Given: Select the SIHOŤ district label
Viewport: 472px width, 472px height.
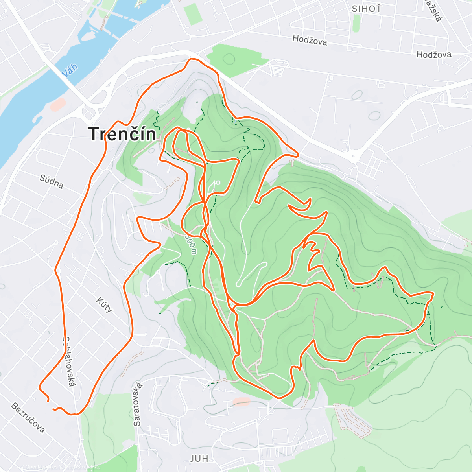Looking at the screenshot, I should pyautogui.click(x=367, y=9).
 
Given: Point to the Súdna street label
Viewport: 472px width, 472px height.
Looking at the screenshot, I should pyautogui.click(x=52, y=182).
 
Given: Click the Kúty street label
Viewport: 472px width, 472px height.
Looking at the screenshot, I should pyautogui.click(x=105, y=304).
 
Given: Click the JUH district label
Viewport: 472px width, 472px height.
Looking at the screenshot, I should pyautogui.click(x=199, y=459).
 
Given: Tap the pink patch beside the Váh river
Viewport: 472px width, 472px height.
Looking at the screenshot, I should pyautogui.click(x=58, y=104).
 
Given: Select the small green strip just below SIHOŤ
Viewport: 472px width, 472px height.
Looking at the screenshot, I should pyautogui.click(x=356, y=24).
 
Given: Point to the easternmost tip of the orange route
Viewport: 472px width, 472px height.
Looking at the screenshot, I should pyautogui.click(x=433, y=294).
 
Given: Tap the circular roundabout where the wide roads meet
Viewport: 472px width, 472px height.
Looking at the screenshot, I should pyautogui.click(x=354, y=156).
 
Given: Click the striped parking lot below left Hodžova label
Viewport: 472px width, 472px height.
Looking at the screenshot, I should pyautogui.click(x=278, y=69).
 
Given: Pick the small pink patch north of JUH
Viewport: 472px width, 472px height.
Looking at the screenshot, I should pyautogui.click(x=241, y=401).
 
